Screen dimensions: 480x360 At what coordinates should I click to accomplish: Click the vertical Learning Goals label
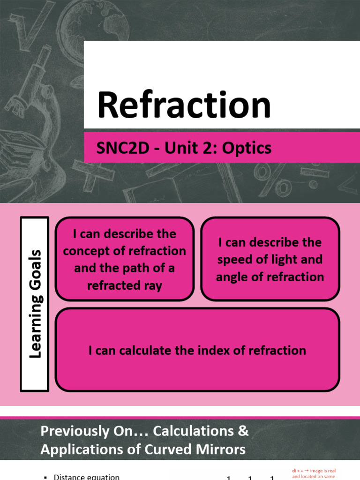(x=35, y=304)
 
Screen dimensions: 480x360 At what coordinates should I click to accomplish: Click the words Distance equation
(x=87, y=477)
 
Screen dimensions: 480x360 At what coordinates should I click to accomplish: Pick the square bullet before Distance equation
(x=45, y=477)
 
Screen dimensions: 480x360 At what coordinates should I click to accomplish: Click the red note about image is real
(x=314, y=472)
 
